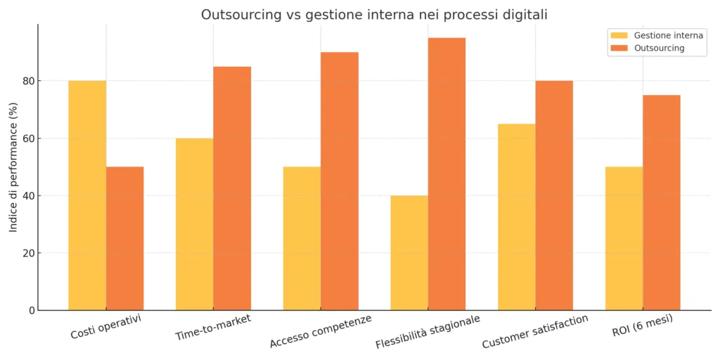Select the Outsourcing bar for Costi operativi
[124, 238]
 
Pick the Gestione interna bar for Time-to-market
[194, 224]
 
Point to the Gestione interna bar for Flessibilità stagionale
[409, 253]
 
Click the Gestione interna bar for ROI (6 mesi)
[624, 238]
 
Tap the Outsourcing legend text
[659, 49]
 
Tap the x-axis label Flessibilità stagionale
[427, 331]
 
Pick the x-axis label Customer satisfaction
[535, 331]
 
